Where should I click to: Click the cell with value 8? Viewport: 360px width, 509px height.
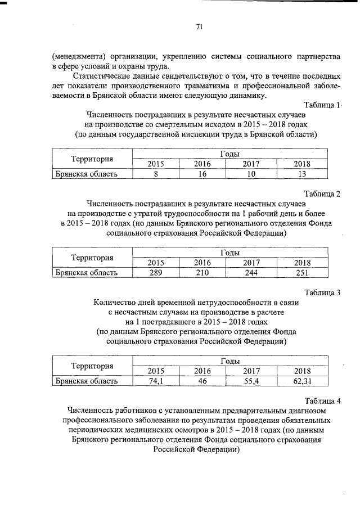[x=155, y=174]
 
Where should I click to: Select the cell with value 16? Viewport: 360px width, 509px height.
[x=201, y=174]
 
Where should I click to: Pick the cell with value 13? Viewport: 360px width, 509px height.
[x=302, y=174]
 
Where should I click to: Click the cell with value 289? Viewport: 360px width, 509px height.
[x=155, y=273]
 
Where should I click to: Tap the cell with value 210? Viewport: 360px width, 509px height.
[x=201, y=273]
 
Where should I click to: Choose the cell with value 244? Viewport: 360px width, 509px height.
[x=251, y=273]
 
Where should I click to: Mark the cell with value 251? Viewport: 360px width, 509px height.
[x=302, y=273]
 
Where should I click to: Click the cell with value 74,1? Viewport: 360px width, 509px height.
[x=155, y=381]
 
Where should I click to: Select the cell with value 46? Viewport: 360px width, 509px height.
[x=201, y=381]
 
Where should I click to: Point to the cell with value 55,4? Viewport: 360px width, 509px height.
[x=251, y=381]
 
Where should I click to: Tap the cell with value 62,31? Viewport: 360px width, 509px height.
[x=302, y=381]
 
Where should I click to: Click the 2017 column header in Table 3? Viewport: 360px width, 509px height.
[x=251, y=371]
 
